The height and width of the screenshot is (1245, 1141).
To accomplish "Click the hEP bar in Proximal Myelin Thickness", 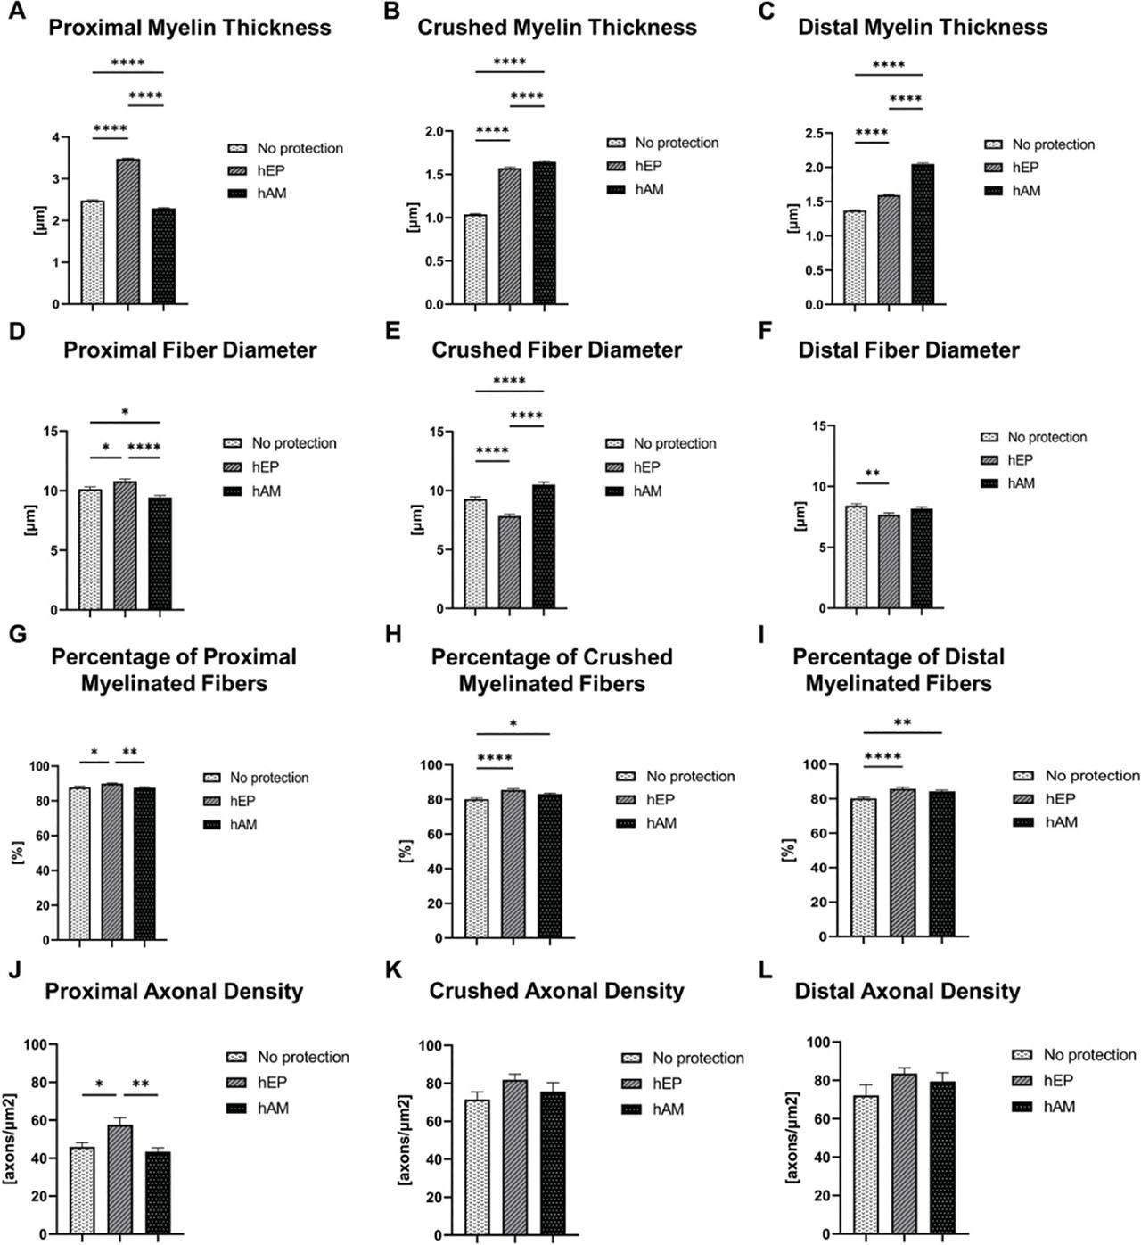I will coord(127,232).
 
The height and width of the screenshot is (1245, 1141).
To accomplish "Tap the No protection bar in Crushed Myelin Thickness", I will coord(475,260).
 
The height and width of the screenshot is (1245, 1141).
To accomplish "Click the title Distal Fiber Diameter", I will coord(908,350).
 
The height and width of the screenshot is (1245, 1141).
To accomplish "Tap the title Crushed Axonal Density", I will coord(556,991).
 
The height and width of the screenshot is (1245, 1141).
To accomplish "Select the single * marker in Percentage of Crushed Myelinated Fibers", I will coord(513,723).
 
